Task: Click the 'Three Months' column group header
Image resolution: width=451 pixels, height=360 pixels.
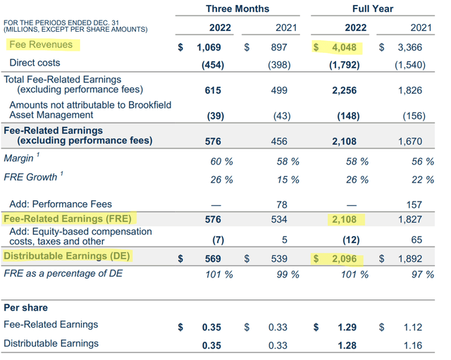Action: pos(237,8)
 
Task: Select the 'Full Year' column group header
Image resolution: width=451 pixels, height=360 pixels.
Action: pos(373,8)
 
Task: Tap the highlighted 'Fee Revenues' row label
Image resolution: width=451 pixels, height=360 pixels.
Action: pos(42,44)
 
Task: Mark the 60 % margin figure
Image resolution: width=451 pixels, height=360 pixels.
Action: pos(223,161)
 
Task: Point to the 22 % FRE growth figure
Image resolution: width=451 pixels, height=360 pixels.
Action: pos(423,180)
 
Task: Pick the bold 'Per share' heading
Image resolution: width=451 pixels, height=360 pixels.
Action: pos(26,308)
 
